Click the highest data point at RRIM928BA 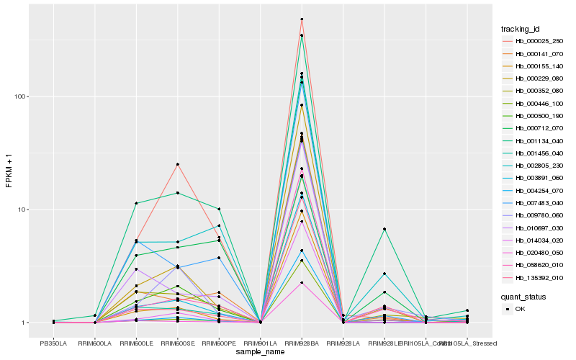click(302, 19)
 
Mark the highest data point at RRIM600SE click(177, 164)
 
